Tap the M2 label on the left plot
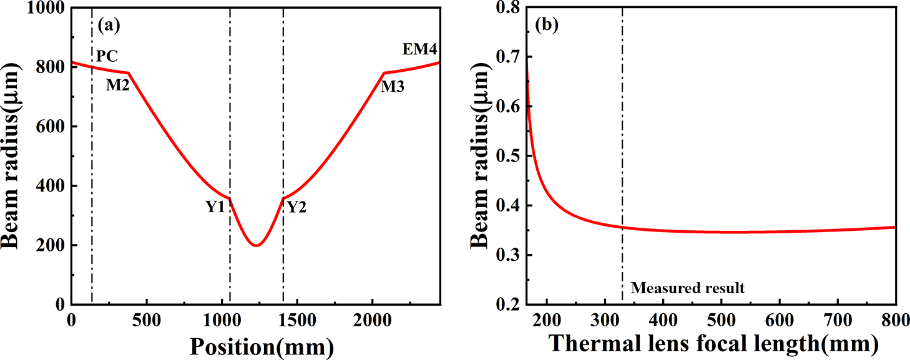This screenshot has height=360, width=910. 117,85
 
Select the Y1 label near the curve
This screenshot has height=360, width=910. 215,208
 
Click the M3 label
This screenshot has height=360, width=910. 393,87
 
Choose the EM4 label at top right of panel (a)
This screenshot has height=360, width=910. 419,49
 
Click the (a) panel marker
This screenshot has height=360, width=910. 109,26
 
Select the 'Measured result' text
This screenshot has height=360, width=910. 687,288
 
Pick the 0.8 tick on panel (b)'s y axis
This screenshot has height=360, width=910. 508,9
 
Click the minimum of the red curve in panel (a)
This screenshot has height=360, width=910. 255,245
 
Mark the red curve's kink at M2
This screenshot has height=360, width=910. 129,73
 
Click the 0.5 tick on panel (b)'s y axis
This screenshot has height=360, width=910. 508,157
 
